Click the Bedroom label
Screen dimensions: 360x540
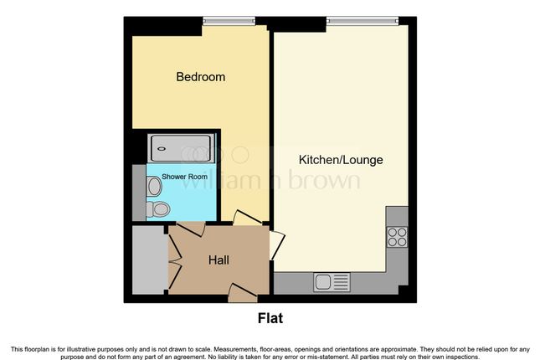(x=200, y=77)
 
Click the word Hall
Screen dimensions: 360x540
(x=219, y=260)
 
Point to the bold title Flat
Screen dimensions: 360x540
(x=270, y=318)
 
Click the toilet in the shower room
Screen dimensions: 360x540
(x=152, y=208)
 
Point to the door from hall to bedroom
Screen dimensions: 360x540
(x=246, y=219)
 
